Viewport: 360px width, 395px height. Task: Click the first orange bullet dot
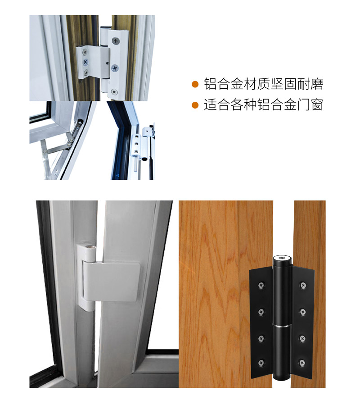[195, 84]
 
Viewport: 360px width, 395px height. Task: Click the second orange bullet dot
[195, 105]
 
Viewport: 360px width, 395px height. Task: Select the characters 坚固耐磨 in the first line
[297, 84]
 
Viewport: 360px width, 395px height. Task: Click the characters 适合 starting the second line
[217, 105]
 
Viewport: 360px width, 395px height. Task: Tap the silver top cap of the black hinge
[282, 258]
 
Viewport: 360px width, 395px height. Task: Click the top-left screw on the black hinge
[261, 285]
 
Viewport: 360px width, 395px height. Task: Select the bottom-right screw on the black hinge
[302, 363]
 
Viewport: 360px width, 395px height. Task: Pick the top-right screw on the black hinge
[302, 285]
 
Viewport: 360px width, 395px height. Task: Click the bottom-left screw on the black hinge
[261, 363]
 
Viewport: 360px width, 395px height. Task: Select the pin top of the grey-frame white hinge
[90, 247]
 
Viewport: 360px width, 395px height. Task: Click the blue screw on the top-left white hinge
[85, 61]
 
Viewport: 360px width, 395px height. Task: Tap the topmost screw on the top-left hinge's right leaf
[116, 40]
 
